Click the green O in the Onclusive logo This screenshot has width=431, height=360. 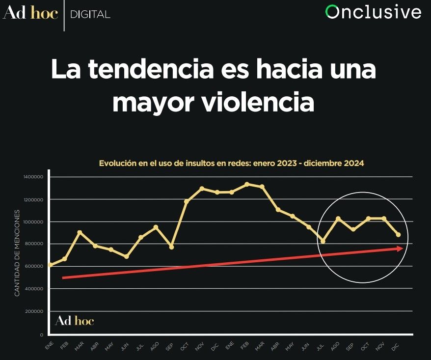332,12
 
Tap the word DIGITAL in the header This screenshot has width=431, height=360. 90,14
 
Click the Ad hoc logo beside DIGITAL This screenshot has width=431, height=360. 30,13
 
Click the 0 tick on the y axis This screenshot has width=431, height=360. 42,334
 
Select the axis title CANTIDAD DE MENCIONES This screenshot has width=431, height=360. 17,253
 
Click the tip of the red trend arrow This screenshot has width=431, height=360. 403,249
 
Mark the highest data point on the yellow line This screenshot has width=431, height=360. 247,184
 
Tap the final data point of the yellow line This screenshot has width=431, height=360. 398,235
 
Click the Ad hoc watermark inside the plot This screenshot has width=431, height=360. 74,321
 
